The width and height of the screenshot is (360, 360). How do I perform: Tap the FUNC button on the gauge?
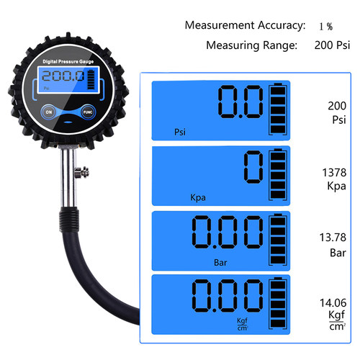pyautogui.click(x=88, y=112)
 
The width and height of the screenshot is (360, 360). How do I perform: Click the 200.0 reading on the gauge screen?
pyautogui.click(x=63, y=76)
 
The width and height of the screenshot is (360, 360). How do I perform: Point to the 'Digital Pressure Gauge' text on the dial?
pyautogui.click(x=68, y=62)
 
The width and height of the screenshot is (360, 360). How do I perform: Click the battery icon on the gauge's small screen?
pyautogui.click(x=91, y=79)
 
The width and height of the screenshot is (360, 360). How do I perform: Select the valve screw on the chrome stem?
pyautogui.click(x=82, y=173)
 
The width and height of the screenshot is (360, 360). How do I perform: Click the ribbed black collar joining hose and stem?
pyautogui.click(x=69, y=219)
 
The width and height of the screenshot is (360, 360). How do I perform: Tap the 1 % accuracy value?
pyautogui.click(x=326, y=27)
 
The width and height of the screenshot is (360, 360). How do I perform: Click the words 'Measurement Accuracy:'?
pyautogui.click(x=245, y=25)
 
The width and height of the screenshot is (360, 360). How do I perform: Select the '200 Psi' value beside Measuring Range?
pyautogui.click(x=332, y=45)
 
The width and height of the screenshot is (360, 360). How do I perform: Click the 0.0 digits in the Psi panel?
pyautogui.click(x=240, y=102)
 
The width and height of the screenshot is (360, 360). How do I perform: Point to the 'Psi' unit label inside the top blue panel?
pyautogui.click(x=180, y=132)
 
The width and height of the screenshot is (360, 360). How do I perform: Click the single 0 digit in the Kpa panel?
pyautogui.click(x=253, y=167)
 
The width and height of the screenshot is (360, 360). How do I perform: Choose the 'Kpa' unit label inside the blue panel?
pyautogui.click(x=198, y=197)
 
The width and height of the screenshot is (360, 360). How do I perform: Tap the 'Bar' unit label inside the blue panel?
pyautogui.click(x=220, y=263)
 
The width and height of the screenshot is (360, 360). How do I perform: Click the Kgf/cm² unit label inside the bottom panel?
pyautogui.click(x=242, y=324)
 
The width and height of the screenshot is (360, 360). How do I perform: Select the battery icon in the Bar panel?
pyautogui.click(x=278, y=240)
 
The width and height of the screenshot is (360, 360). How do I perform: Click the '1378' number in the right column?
pyautogui.click(x=334, y=173)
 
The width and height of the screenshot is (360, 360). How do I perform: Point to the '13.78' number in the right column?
pyautogui.click(x=333, y=238)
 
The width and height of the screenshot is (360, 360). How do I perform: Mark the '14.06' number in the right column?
pyautogui.click(x=333, y=303)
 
